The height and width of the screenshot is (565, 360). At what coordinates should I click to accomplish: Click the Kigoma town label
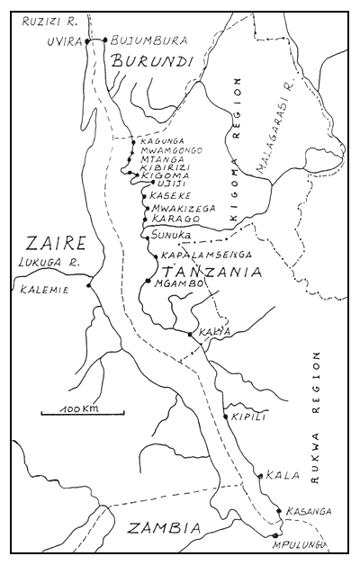pyautogui.click(x=163, y=174)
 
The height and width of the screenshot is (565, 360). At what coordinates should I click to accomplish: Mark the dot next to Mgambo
pyautogui.click(x=148, y=282)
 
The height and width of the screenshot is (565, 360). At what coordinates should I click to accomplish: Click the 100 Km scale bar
pyautogui.click(x=82, y=413)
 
